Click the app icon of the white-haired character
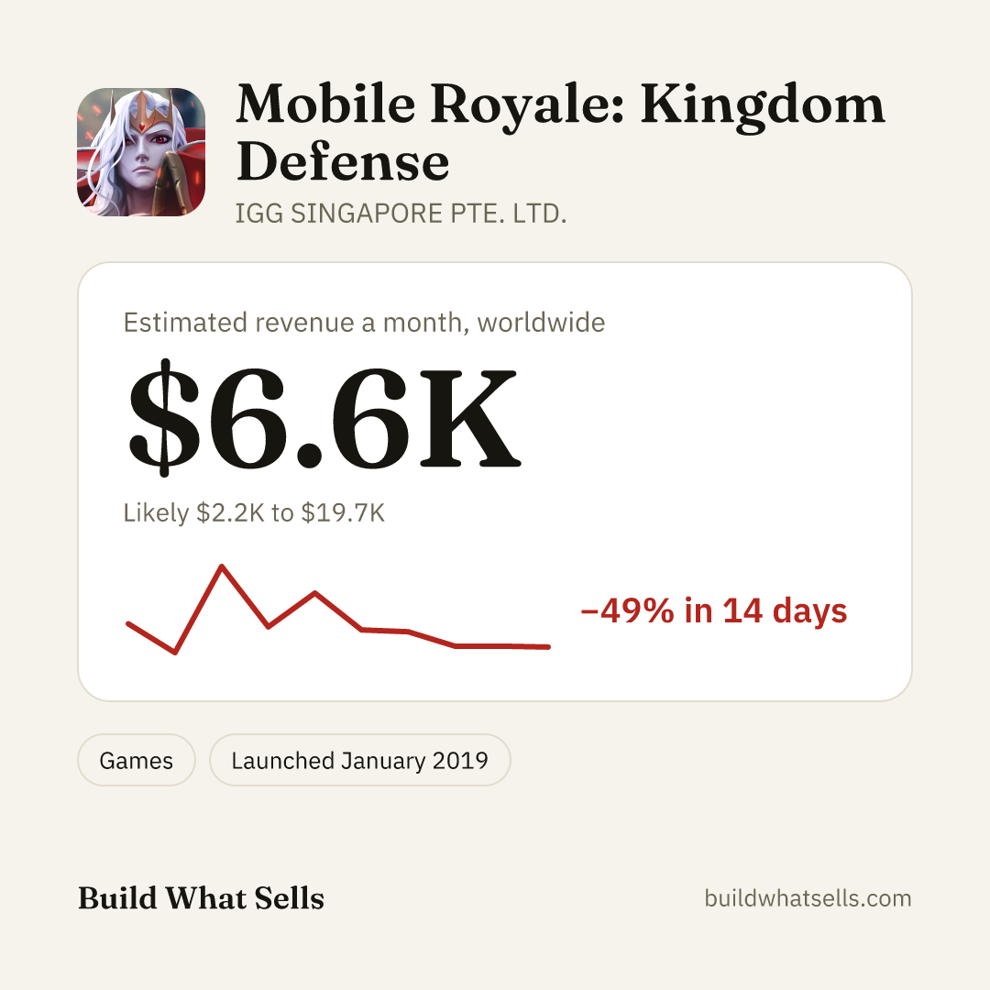tap(141, 152)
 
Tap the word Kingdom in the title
tap(763, 107)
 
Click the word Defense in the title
tap(343, 162)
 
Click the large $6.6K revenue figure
tap(324, 417)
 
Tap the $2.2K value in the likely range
tap(230, 512)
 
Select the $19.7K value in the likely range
tap(343, 512)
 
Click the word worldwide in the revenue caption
tap(541, 323)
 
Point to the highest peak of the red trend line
tap(222, 566)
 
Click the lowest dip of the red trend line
tap(175, 653)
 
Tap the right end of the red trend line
tap(548, 646)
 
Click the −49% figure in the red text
tap(628, 610)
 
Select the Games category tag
tap(137, 760)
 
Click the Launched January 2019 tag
tap(360, 760)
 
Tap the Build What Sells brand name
tap(201, 897)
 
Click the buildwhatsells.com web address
tap(808, 897)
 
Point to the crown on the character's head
tap(143, 108)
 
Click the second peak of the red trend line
tap(315, 593)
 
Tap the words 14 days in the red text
tap(784, 610)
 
